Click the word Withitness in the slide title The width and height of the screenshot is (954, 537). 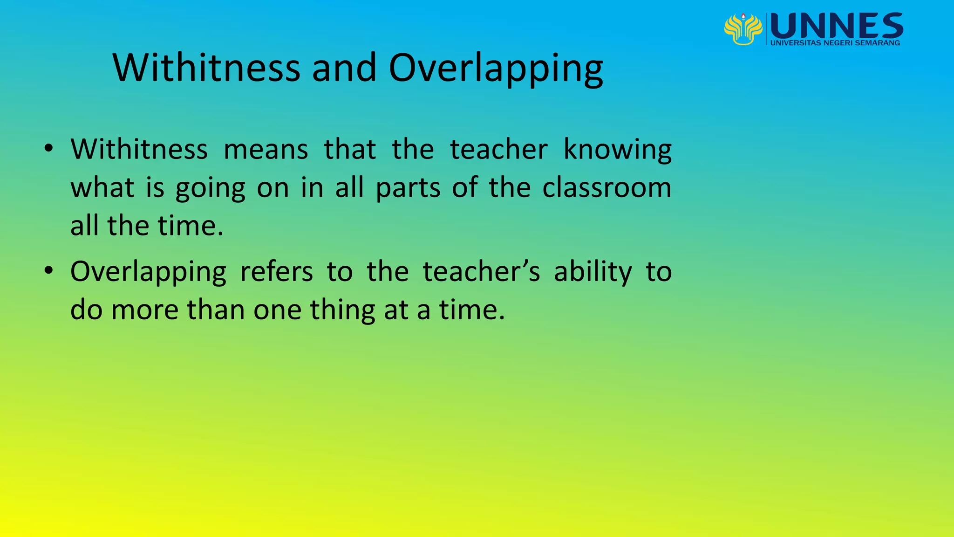click(206, 68)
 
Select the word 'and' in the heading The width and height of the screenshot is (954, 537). click(344, 68)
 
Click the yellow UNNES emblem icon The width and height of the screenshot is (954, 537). click(743, 29)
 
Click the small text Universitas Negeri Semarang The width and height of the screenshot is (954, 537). click(835, 43)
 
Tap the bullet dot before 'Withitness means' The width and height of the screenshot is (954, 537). click(48, 149)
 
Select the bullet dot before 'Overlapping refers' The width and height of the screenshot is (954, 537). click(48, 271)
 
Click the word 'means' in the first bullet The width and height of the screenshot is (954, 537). click(266, 150)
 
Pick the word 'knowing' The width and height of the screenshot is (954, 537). click(617, 150)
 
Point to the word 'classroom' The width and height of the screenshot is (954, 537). click(606, 187)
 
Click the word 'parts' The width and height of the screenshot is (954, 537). click(408, 188)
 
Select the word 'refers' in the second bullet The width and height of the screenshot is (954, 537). click(276, 271)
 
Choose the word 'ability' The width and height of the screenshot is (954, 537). click(593, 272)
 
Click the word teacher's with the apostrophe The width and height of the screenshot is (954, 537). click(481, 271)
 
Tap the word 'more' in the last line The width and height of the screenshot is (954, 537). click(144, 310)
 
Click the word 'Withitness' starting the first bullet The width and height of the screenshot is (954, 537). click(139, 150)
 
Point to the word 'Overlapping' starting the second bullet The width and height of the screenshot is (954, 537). click(148, 272)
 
